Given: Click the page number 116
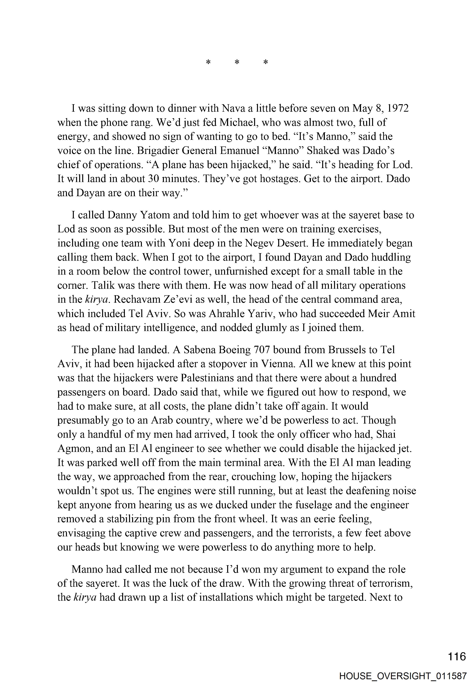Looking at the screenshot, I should point(457,656).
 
